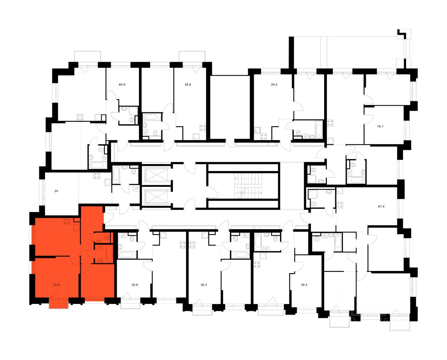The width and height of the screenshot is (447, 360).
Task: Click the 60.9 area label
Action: point(122,85)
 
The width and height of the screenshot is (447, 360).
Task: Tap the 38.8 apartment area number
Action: point(188,85)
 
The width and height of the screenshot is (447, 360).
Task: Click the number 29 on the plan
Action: point(56,191)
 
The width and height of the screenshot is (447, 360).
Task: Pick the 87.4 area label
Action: point(381,206)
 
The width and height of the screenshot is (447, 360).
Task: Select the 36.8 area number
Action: point(135,285)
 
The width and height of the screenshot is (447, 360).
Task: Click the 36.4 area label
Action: point(204,285)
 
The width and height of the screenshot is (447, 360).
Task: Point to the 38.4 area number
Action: point(304,285)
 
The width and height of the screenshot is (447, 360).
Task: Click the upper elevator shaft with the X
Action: point(156,174)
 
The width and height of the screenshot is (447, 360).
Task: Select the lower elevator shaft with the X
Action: point(156,197)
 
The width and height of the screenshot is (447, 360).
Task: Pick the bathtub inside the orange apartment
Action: point(109,254)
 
